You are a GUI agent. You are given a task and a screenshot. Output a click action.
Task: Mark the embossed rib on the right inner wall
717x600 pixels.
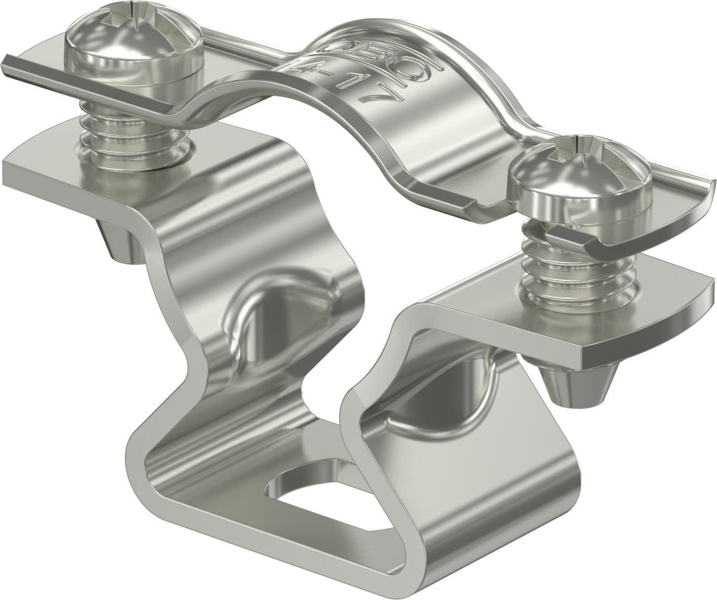[x=442, y=406]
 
